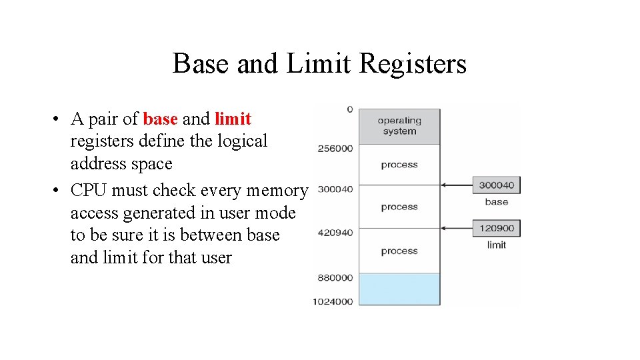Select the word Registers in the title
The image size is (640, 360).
coord(413,64)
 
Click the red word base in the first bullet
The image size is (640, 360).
coord(160,119)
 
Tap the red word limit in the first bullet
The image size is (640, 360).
coord(233,119)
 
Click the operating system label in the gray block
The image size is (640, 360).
coord(399,126)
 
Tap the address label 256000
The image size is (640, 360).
coord(335,148)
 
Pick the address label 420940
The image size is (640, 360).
coord(335,233)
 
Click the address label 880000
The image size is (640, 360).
coord(335,277)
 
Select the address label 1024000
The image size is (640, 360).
coord(333,301)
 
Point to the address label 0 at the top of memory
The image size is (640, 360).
coord(350,109)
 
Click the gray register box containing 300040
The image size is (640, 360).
coord(496,185)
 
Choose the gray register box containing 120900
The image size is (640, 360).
coord(496,228)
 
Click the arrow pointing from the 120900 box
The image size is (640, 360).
coord(457,228)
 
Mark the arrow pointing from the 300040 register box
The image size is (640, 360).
coord(457,185)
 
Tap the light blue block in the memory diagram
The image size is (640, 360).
coord(399,289)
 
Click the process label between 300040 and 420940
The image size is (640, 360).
coord(399,207)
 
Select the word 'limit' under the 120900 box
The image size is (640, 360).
coord(496,245)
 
